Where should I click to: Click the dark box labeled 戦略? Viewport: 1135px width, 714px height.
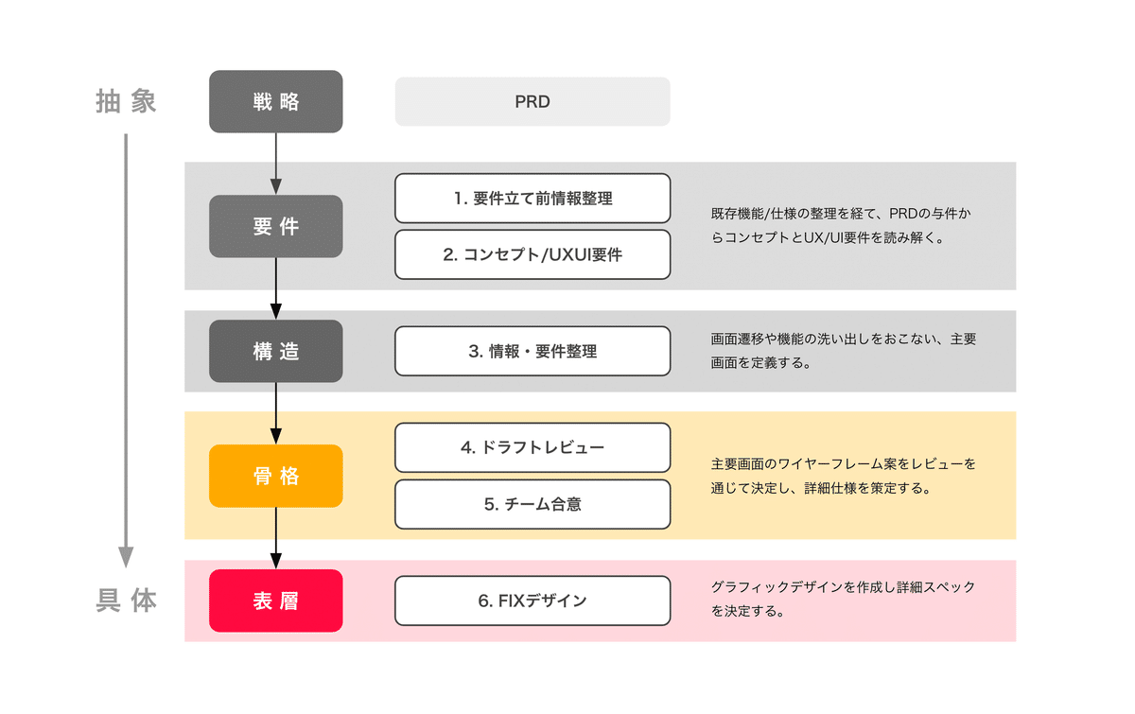pos(275,101)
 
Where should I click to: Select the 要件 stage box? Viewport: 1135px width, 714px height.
pos(275,226)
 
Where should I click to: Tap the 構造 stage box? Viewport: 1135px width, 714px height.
pos(275,351)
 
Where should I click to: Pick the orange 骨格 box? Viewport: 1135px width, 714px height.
pos(275,476)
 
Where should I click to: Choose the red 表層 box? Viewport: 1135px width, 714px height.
pos(275,601)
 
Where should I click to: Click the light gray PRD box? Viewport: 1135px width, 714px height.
pos(533,101)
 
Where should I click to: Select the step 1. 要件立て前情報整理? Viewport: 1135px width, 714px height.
pos(533,199)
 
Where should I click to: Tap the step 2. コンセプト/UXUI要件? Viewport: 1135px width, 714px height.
pos(533,254)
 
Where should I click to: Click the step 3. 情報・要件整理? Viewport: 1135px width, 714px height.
pos(533,351)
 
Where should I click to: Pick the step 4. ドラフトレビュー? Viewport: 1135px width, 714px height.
pos(533,447)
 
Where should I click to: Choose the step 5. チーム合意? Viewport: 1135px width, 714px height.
pos(533,504)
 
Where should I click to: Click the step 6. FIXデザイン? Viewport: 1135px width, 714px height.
pos(533,601)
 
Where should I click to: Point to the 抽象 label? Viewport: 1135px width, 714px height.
pos(126,101)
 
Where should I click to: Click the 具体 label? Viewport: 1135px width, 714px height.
pos(126,601)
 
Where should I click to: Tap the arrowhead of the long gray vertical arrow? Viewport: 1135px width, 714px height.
pos(126,557)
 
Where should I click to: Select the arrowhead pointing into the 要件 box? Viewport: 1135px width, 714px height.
pos(275,186)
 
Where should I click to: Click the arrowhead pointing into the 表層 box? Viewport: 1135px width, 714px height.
pos(275,561)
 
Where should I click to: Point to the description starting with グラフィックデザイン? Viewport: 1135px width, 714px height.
pos(843,599)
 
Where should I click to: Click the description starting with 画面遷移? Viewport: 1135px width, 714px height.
pos(843,351)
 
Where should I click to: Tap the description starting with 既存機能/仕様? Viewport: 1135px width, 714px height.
pos(841,225)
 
